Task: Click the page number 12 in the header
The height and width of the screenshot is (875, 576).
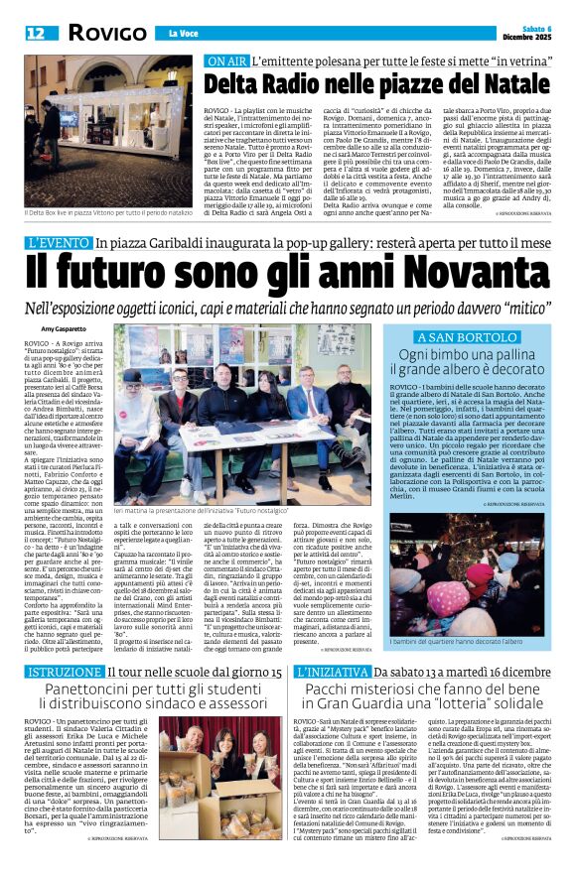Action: click(x=37, y=34)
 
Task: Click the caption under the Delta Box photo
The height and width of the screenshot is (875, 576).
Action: click(x=106, y=213)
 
